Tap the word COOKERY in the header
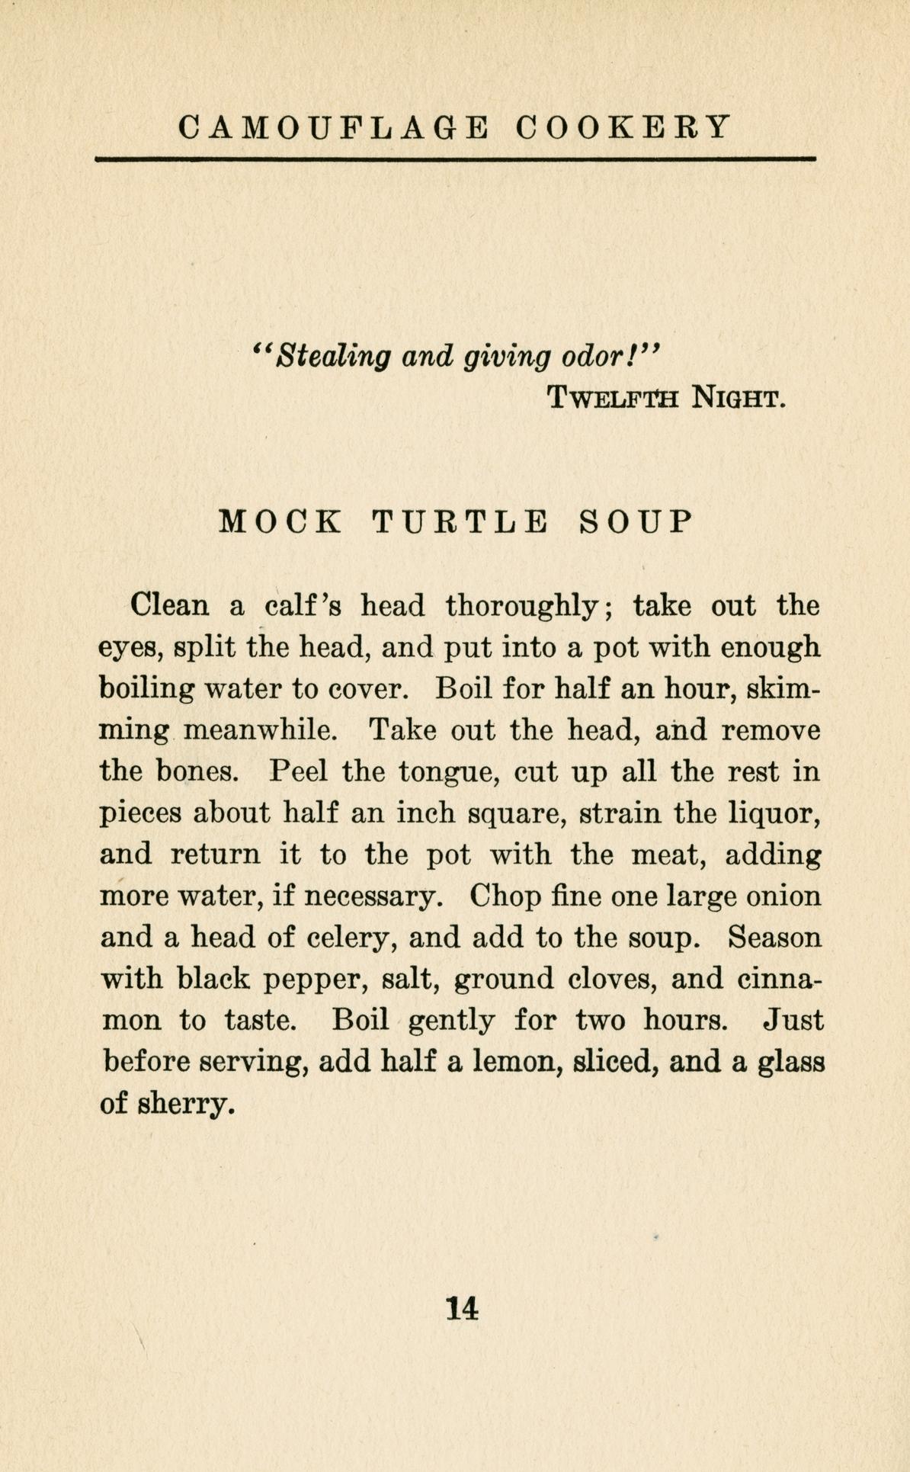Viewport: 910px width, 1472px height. coord(623,127)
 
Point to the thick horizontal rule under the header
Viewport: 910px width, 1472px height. coord(455,159)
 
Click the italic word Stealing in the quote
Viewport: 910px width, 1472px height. coord(334,355)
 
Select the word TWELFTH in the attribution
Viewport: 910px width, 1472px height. coord(613,397)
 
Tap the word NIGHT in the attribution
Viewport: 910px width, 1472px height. coord(735,397)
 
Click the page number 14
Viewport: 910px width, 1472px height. coord(463,1308)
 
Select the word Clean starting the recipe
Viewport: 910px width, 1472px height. coord(169,606)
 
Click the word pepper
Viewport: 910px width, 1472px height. coord(311,980)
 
